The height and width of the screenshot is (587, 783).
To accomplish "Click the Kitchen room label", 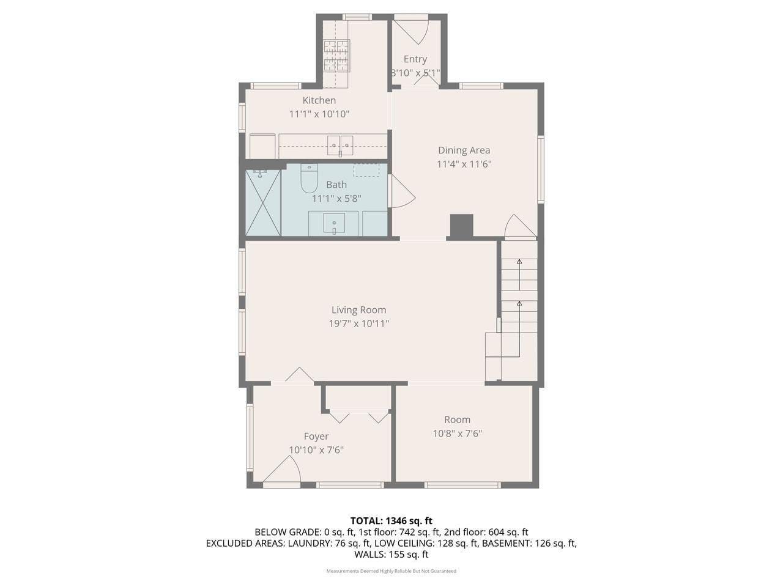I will (319, 100).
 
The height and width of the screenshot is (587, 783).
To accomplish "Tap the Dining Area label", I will (464, 150).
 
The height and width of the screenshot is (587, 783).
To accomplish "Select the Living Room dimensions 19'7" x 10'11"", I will (358, 323).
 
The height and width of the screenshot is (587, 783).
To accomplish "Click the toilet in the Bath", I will (309, 179).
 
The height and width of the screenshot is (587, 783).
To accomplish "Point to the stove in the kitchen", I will (336, 55).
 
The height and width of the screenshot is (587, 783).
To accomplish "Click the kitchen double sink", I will (340, 145).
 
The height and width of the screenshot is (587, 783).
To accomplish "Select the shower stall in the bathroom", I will (263, 203).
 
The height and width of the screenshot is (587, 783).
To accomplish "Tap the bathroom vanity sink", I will (335, 223).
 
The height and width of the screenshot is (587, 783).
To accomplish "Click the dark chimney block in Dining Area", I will (461, 226).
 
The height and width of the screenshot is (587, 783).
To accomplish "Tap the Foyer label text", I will (316, 437).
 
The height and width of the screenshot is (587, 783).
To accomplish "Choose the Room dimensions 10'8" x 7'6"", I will (457, 434).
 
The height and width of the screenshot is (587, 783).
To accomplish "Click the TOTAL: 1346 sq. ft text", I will (391, 521).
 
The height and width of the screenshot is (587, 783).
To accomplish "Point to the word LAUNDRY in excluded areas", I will (313, 543).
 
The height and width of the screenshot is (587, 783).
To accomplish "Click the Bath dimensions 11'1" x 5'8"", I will (336, 198).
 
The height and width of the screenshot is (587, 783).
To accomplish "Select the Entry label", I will (415, 59).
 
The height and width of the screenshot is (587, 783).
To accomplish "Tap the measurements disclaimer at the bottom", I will (391, 571).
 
